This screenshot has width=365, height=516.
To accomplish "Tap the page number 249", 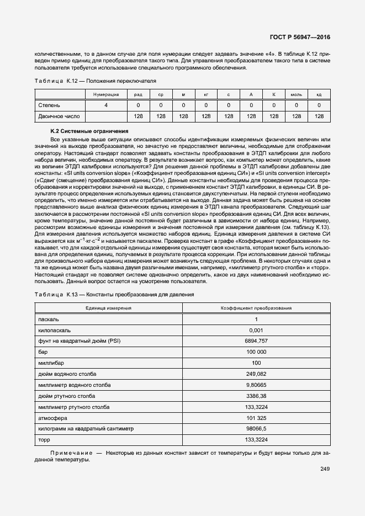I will pyautogui.click(x=325, y=469).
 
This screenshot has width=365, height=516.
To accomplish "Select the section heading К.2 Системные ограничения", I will pyautogui.click(x=89, y=131).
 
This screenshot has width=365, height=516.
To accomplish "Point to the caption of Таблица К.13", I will pyautogui.click(x=114, y=295).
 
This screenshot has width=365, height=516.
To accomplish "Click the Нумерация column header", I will pyautogui.click(x=106, y=95).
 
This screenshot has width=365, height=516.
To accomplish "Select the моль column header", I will pyautogui.click(x=296, y=95).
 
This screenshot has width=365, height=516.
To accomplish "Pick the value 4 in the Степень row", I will pyautogui.click(x=106, y=105).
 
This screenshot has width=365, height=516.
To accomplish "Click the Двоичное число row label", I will pyautogui.click(x=59, y=116).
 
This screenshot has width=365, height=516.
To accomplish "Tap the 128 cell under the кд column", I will pyautogui.click(x=319, y=116).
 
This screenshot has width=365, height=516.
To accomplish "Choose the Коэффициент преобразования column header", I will pyautogui.click(x=256, y=308).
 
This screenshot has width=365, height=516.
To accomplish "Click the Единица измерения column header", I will pyautogui.click(x=108, y=308).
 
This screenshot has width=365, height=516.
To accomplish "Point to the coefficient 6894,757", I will pyautogui.click(x=256, y=341).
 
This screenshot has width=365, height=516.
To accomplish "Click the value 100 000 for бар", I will pyautogui.click(x=256, y=352).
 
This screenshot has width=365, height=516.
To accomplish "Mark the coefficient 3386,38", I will pyautogui.click(x=256, y=396).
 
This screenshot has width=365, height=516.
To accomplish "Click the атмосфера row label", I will pyautogui.click(x=52, y=418).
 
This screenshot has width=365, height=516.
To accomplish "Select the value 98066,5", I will pyautogui.click(x=256, y=429).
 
